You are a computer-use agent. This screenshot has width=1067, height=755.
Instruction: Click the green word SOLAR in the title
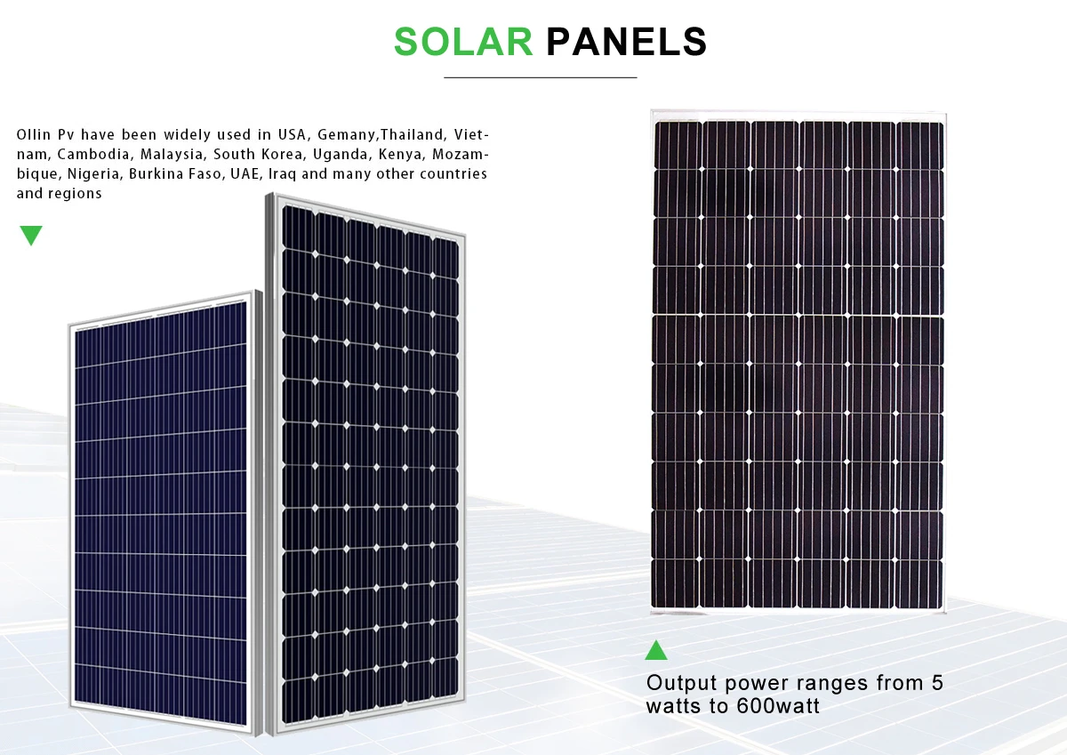click(x=462, y=42)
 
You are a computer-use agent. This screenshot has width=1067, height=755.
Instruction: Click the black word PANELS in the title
click(x=626, y=42)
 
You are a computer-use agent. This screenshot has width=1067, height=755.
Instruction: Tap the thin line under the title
click(x=540, y=78)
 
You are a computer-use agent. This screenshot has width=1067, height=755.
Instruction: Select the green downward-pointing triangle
click(x=31, y=236)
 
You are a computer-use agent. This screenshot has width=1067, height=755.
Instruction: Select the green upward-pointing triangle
click(x=656, y=650)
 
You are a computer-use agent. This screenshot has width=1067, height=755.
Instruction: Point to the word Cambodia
click(x=94, y=155)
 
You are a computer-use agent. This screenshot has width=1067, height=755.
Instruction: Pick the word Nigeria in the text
click(x=92, y=174)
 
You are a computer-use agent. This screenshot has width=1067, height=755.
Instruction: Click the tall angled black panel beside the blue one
click(x=369, y=462)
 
